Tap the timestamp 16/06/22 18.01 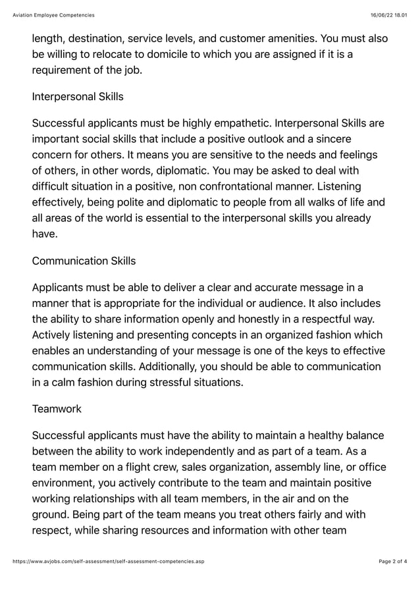(388, 14)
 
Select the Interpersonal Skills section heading (78, 97)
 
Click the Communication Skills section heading (84, 261)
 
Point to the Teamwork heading (57, 409)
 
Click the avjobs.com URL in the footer (109, 561)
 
